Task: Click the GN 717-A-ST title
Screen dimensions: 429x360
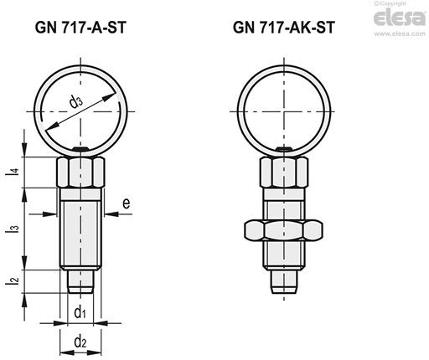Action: click(x=80, y=28)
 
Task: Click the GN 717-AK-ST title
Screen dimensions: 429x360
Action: click(x=284, y=28)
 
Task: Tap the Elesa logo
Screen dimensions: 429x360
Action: click(x=400, y=18)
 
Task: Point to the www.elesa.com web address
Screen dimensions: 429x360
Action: click(x=400, y=33)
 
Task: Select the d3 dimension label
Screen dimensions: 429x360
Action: click(x=75, y=101)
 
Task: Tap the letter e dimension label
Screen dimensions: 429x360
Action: click(x=127, y=203)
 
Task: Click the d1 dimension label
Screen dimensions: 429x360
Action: click(x=80, y=312)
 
